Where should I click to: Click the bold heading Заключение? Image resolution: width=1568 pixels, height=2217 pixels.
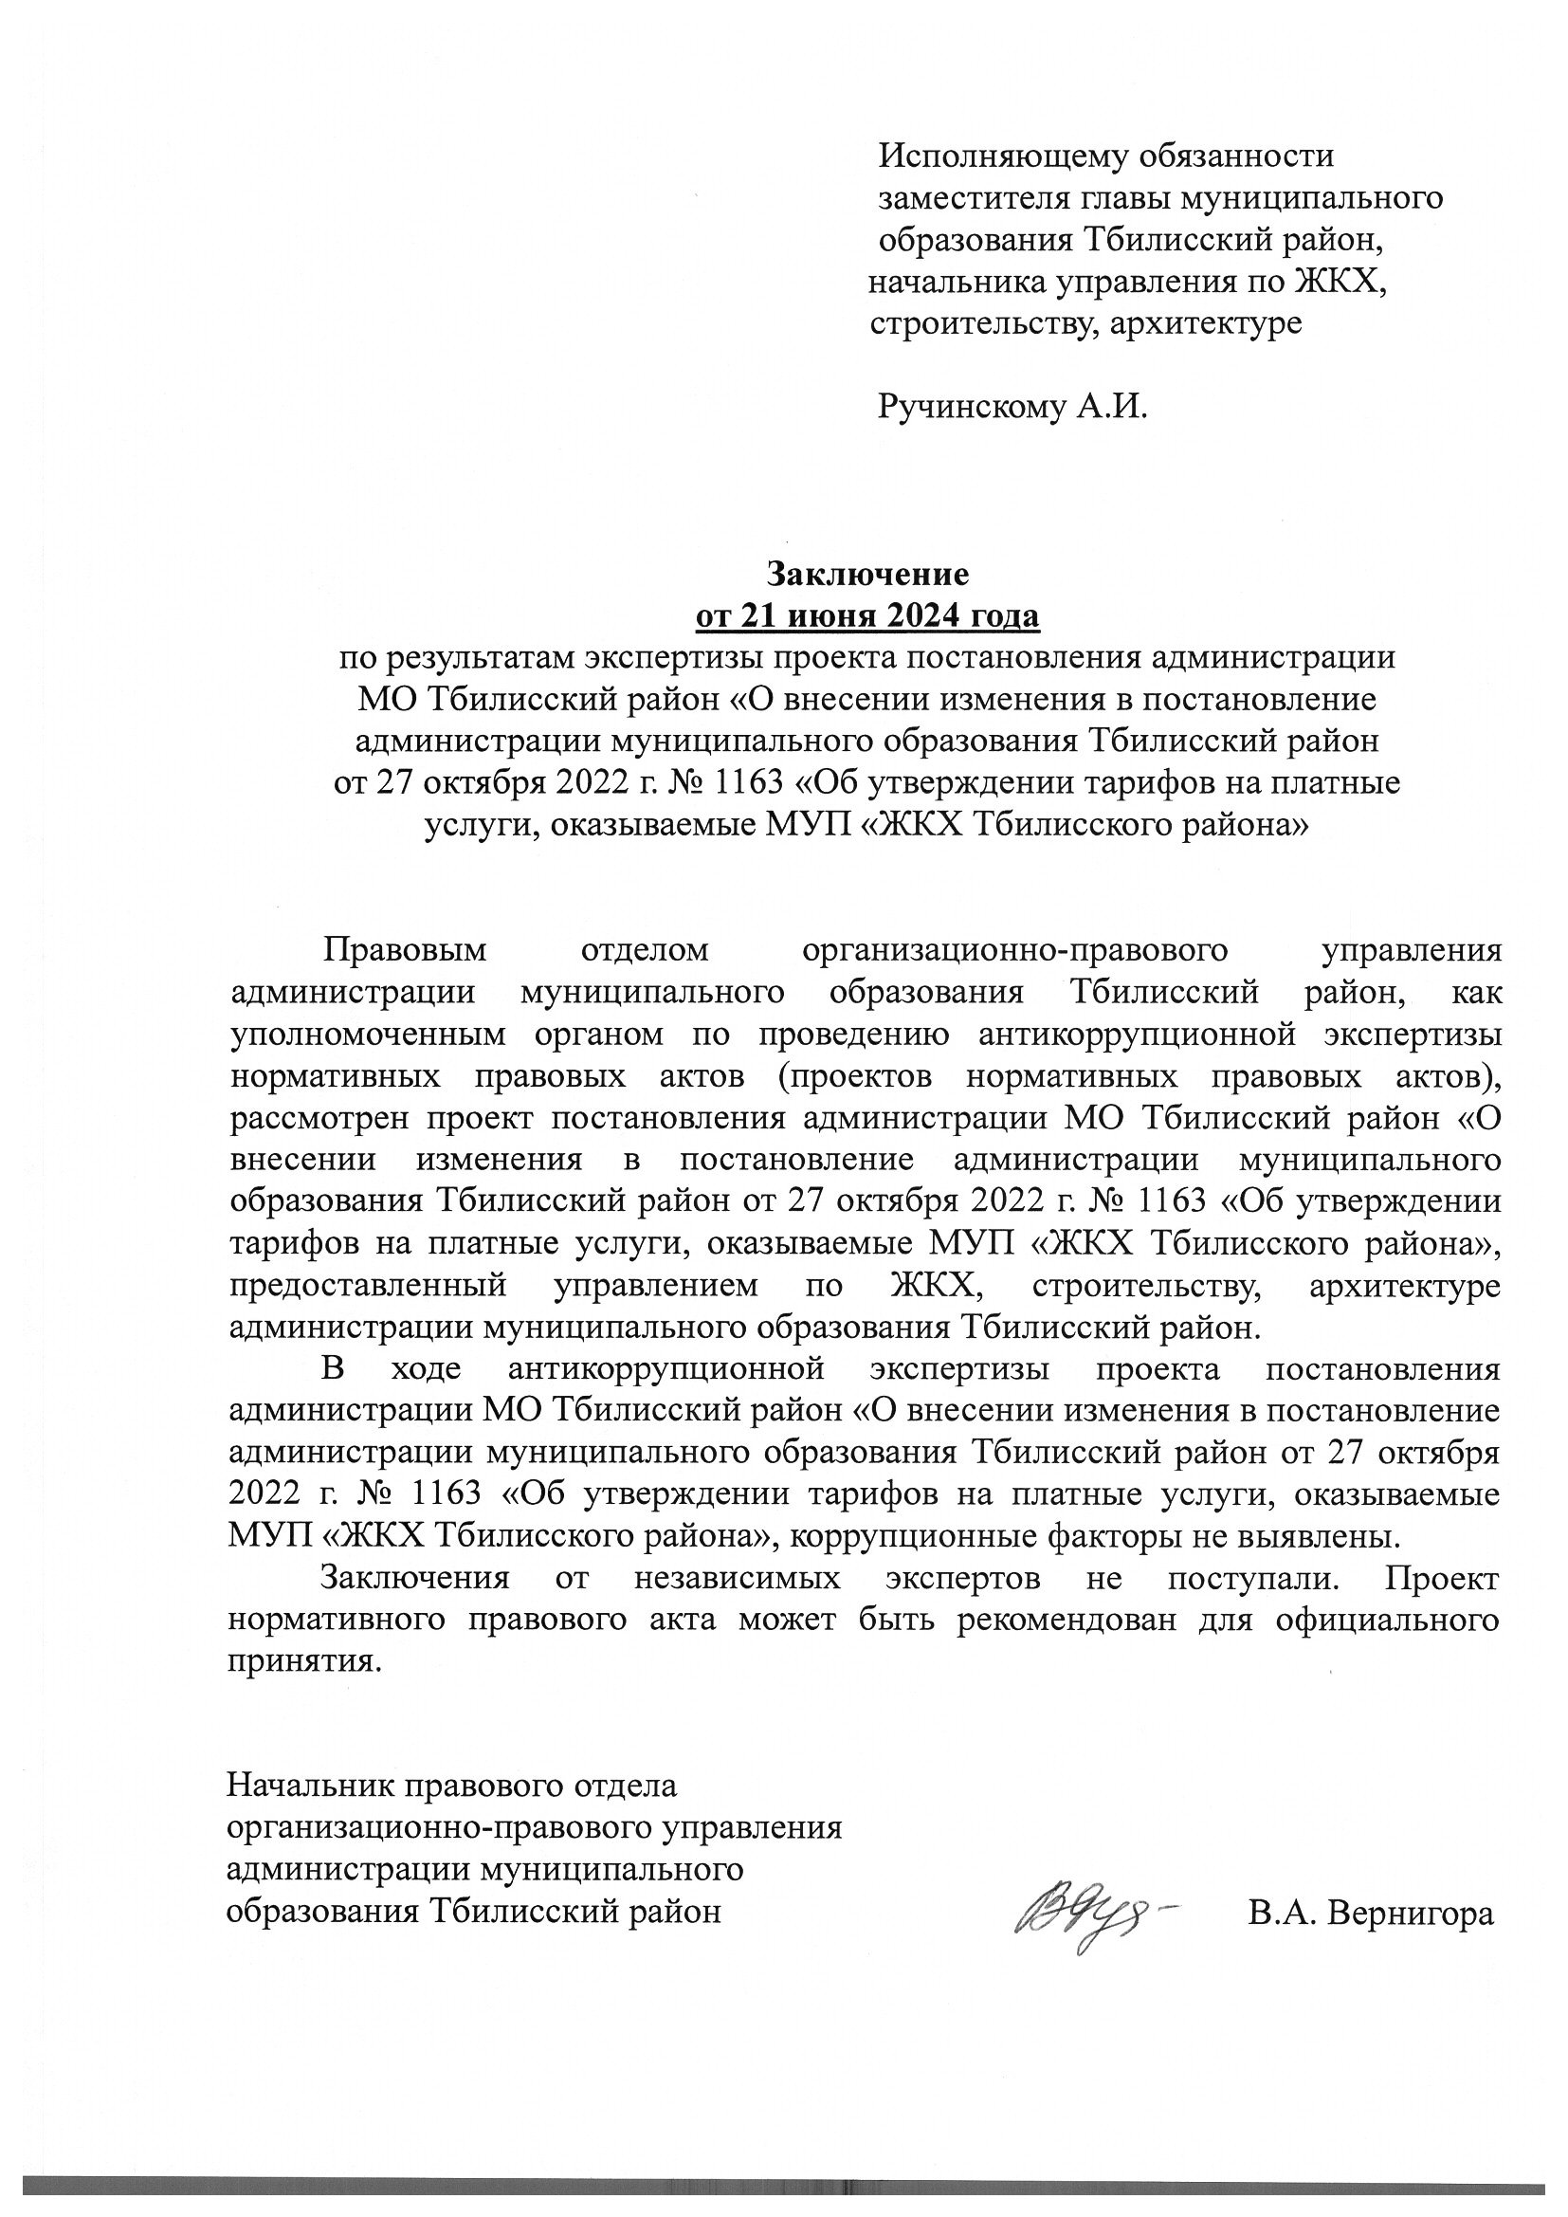(x=867, y=575)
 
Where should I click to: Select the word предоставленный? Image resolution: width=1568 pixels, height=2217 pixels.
(x=368, y=1287)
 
